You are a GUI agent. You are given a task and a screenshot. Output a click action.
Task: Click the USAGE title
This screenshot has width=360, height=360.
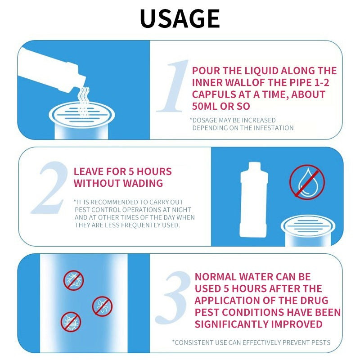click(x=180, y=18)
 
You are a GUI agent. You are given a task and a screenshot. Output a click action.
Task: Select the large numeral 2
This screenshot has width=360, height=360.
click(x=50, y=187)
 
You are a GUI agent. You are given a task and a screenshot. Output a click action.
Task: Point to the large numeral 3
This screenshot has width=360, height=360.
click(x=173, y=297)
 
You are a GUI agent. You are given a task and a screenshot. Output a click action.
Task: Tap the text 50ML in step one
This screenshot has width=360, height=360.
click(x=205, y=106)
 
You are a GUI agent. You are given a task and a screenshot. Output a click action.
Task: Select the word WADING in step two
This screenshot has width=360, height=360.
click(x=143, y=183)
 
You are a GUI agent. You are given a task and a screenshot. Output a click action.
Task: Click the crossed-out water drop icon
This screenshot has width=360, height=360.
click(x=307, y=182)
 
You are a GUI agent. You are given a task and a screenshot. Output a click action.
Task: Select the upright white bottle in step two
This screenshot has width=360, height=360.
click(x=254, y=199)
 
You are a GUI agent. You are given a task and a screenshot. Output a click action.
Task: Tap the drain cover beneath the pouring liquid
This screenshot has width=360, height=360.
click(x=81, y=115)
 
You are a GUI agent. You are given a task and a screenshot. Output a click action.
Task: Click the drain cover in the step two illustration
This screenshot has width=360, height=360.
click(x=308, y=226)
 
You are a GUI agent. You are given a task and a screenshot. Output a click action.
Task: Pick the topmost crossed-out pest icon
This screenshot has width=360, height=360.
click(x=73, y=280)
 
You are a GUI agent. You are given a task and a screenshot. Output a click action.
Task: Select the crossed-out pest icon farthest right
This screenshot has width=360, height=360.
click(x=102, y=306)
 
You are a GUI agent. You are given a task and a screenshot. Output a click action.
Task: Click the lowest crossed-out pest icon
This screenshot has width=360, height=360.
click(x=71, y=322)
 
